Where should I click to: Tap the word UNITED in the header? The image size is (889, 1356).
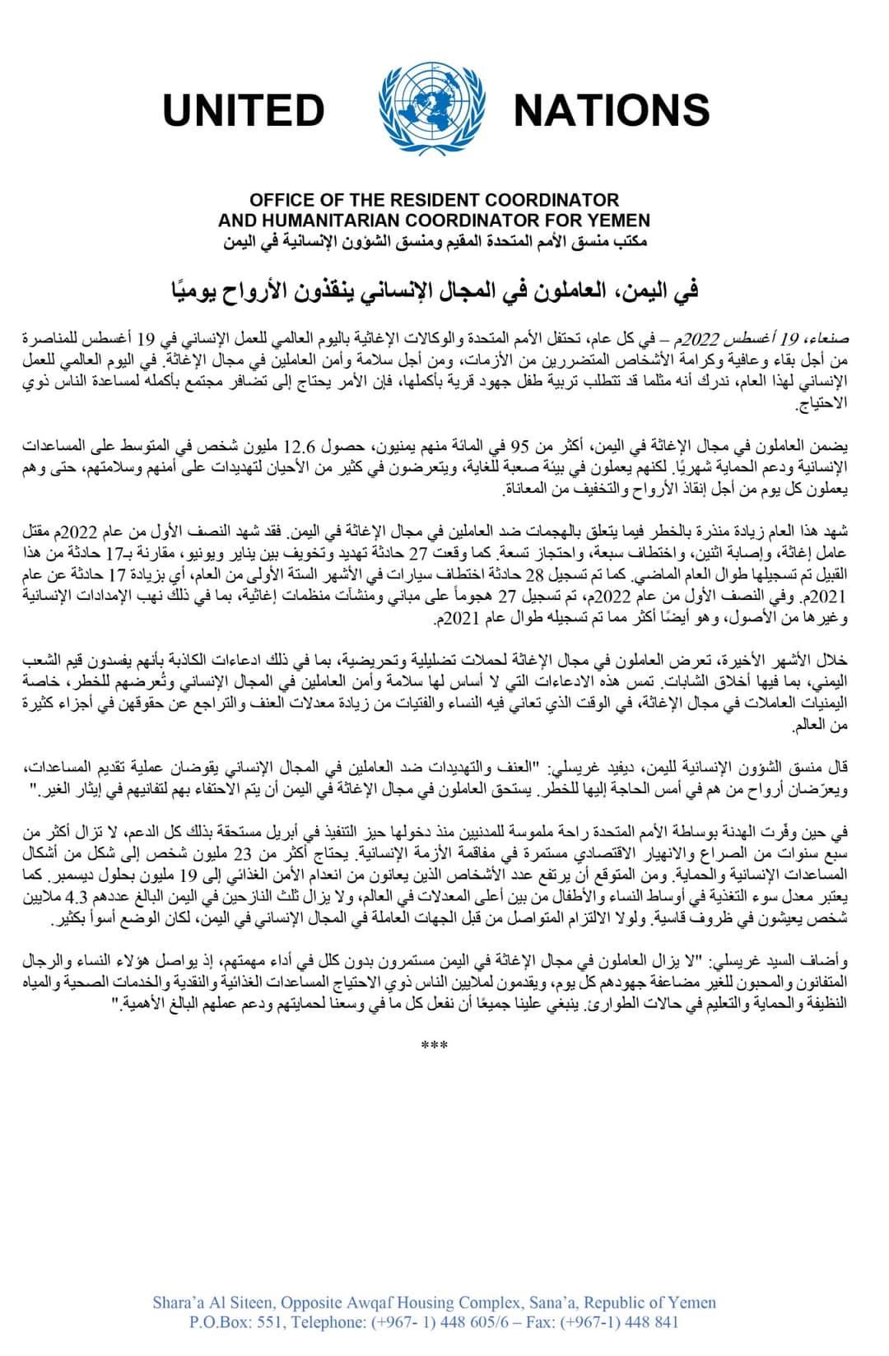pyautogui.click(x=244, y=110)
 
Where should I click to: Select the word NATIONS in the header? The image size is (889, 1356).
pyautogui.click(x=611, y=110)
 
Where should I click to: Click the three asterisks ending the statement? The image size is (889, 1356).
pyautogui.click(x=434, y=1047)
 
